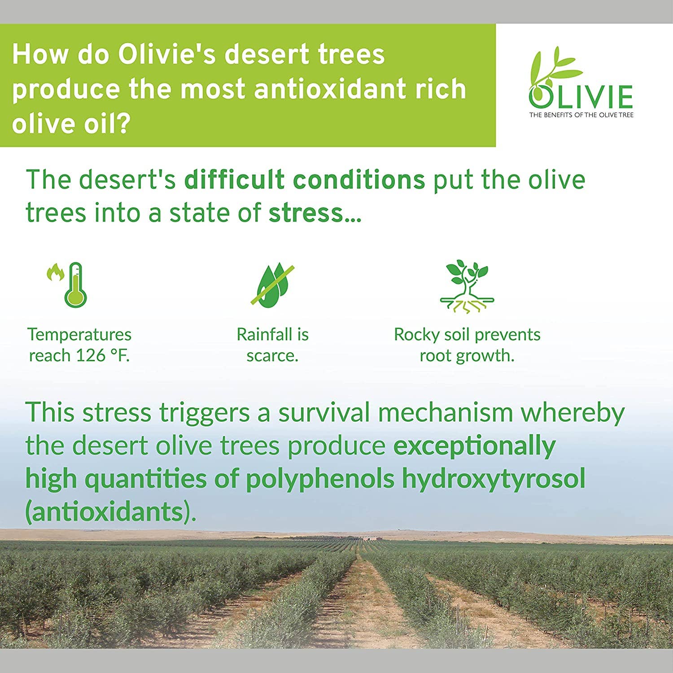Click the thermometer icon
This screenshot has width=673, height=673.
click(x=75, y=285)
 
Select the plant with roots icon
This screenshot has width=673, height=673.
click(x=467, y=286)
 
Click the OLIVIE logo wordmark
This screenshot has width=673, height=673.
click(x=581, y=96)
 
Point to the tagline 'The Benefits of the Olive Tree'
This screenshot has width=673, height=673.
click(x=581, y=115)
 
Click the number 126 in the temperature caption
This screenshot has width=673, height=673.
click(x=90, y=356)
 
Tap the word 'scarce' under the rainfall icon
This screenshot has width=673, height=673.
click(x=271, y=356)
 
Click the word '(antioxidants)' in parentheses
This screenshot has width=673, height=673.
click(x=110, y=511)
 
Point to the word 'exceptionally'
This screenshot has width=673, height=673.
click(x=474, y=446)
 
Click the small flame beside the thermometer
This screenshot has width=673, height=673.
click(x=55, y=272)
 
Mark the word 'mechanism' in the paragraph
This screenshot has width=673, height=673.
click(x=445, y=413)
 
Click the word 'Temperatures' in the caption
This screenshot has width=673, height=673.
click(x=79, y=335)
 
